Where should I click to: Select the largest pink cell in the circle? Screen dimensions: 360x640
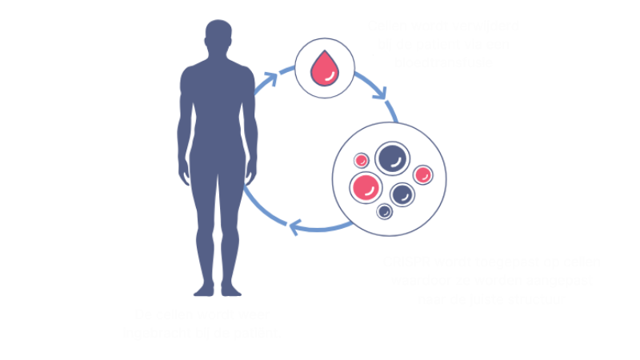point(366,186)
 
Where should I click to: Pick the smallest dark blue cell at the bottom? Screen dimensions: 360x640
point(385,211)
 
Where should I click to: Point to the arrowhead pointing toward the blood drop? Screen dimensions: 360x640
point(274,76)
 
